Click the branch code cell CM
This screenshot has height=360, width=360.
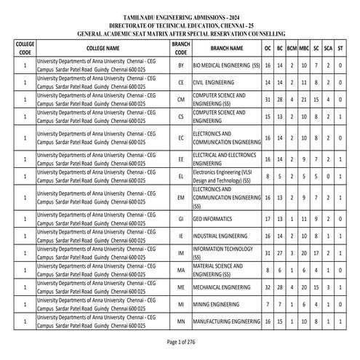pyautogui.click(x=181, y=100)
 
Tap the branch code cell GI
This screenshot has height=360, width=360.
pyautogui.click(x=181, y=219)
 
